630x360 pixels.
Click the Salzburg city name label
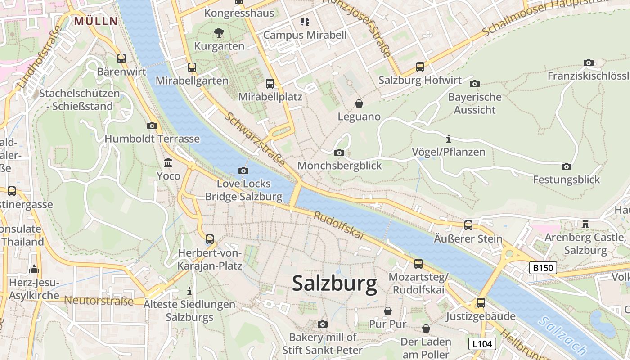pos(334,283)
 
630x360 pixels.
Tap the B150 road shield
pos(542,268)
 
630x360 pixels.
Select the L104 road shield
pos(482,344)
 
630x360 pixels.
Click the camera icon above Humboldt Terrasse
pos(152,126)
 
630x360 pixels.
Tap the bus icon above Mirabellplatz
pos(270,83)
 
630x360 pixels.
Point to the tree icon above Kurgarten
pos(219,32)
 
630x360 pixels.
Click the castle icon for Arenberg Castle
pos(585,224)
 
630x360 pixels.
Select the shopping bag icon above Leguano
pos(359,103)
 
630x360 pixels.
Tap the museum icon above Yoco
pos(168,162)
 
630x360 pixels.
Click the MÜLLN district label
pos(96,21)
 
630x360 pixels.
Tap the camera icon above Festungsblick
pos(567,166)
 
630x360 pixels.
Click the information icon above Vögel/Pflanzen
pos(448,139)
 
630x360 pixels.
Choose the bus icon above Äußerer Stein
pos(468,225)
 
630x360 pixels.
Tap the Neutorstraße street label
pos(99,301)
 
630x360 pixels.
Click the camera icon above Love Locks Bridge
pos(243,171)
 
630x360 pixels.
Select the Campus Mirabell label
pos(305,35)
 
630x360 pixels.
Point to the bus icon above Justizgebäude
pos(481,303)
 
